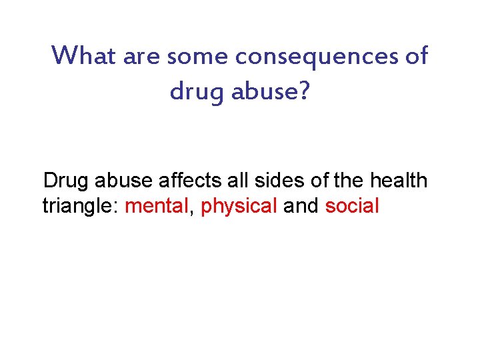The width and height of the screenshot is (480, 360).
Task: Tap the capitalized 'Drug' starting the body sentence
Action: click(66, 181)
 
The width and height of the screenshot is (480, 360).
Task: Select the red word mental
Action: click(157, 206)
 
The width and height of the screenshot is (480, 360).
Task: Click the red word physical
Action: click(239, 207)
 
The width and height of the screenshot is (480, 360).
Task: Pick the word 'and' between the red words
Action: click(301, 206)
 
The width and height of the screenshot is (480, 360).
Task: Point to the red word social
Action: click(351, 206)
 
